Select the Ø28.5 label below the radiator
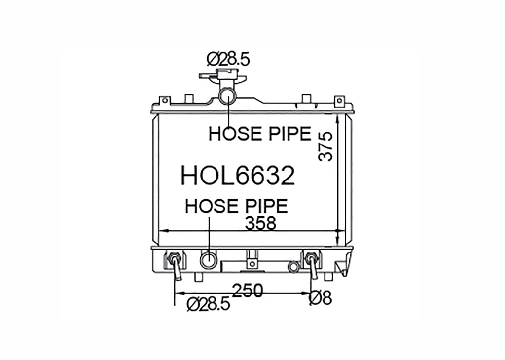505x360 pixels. tap(209, 304)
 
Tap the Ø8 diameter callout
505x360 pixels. tap(320, 298)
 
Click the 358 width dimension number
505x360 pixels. tap(260, 223)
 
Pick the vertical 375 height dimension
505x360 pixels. tap(325, 146)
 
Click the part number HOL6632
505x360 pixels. tap(238, 176)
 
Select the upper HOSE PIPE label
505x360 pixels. tap(260, 134)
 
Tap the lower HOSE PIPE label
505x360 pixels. tap(236, 206)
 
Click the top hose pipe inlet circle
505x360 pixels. tap(227, 96)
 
